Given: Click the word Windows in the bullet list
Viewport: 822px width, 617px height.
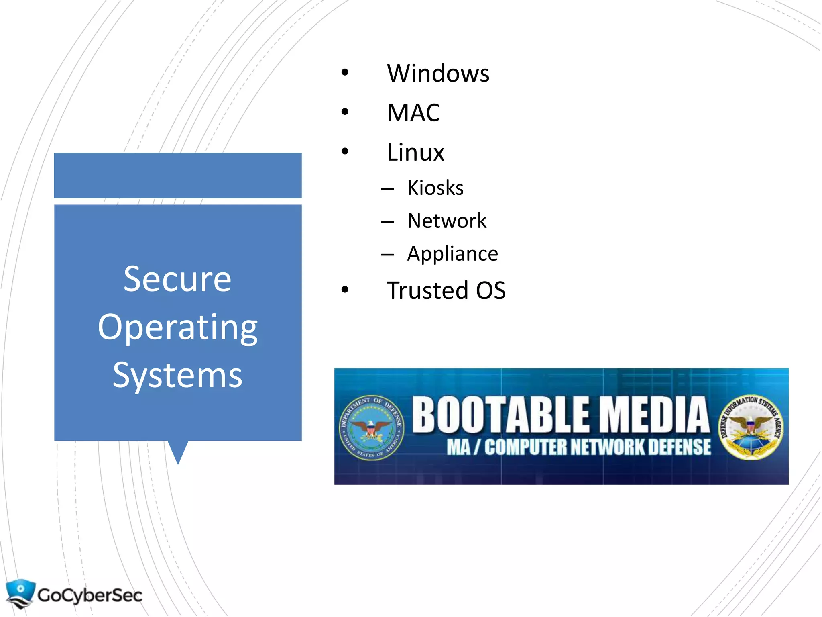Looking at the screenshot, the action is click(438, 74).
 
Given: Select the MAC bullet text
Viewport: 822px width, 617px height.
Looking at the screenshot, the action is click(413, 113).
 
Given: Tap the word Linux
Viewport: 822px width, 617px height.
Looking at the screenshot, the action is click(415, 153).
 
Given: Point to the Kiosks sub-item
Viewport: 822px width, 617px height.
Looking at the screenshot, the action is click(435, 188).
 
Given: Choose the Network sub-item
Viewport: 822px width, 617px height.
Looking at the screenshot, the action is click(447, 221).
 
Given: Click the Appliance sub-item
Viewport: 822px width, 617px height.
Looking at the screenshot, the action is click(452, 254).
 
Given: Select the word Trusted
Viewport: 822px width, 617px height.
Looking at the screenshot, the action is click(427, 290).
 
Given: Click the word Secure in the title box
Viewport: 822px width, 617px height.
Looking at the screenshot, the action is click(177, 279).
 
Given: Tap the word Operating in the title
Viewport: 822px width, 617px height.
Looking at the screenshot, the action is click(177, 327).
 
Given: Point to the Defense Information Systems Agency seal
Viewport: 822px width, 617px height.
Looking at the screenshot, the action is click(750, 427).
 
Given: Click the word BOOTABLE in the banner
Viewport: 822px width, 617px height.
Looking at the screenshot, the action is click(501, 415).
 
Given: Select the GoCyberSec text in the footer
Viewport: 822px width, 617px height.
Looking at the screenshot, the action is click(90, 595).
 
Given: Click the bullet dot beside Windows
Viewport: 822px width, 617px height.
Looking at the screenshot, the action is click(345, 73).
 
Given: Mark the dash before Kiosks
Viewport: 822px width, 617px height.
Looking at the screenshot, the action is click(387, 189).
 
